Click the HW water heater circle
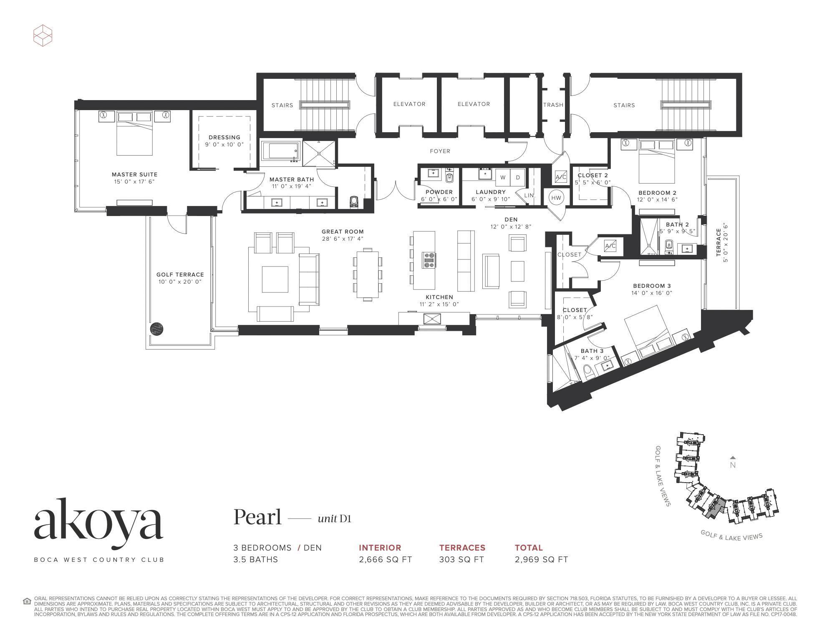[x=556, y=198]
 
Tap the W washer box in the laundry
[x=503, y=177]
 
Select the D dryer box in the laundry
[x=518, y=177]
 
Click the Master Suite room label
[x=134, y=175]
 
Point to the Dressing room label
[x=224, y=137]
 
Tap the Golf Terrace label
[x=180, y=274]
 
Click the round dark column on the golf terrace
[x=156, y=329]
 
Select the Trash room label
[x=553, y=105]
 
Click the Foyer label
[x=440, y=151]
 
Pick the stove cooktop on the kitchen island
[x=429, y=260]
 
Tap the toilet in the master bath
[x=355, y=202]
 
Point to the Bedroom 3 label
[x=652, y=286]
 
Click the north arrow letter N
[x=733, y=465]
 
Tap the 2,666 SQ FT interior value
[x=385, y=559]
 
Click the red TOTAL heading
[x=529, y=548]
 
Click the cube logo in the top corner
[x=43, y=35]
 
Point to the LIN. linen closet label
[x=529, y=195]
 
